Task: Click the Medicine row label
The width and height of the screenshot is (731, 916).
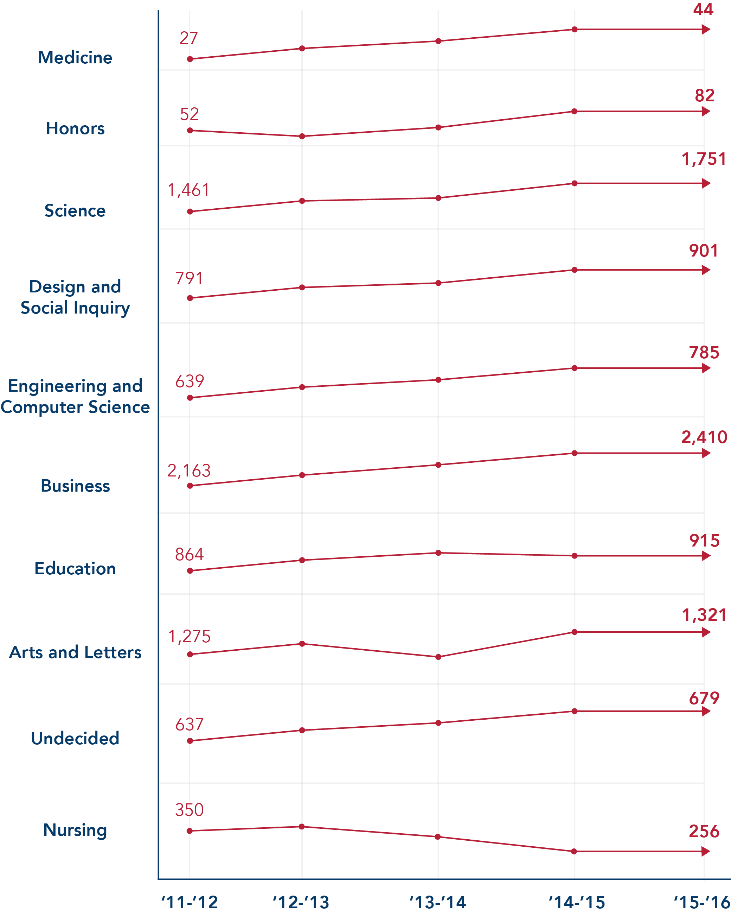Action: [x=75, y=58]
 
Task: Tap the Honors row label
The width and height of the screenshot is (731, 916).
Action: [x=75, y=128]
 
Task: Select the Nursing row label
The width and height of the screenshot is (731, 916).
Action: [x=75, y=830]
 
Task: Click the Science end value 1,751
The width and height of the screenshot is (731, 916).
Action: [x=704, y=159]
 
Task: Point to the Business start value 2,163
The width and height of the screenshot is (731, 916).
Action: [x=189, y=471]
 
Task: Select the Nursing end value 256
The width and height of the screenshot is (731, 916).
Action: [x=704, y=832]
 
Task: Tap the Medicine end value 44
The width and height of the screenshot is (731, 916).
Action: [x=703, y=10]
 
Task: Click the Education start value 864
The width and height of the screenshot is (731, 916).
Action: [x=189, y=555]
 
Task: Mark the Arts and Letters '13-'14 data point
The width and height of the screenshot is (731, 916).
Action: [x=438, y=657]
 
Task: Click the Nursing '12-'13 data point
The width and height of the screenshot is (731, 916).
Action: [x=302, y=827]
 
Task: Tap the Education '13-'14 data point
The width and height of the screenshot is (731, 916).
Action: [x=438, y=553]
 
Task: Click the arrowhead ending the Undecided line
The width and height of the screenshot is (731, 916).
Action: [x=706, y=711]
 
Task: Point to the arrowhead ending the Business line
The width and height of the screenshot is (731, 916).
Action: [x=706, y=453]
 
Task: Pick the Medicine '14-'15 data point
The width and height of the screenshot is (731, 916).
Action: [x=575, y=29]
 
